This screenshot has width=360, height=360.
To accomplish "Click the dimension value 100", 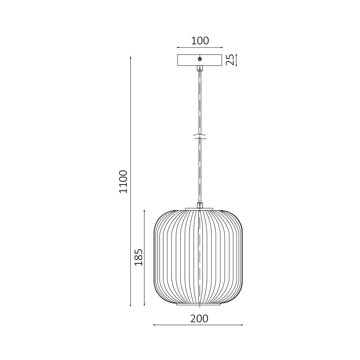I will click(200, 41).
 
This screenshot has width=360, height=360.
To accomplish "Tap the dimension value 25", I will click(230, 60).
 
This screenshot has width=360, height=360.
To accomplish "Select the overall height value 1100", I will click(123, 181).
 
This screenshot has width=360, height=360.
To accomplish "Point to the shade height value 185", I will click(139, 257).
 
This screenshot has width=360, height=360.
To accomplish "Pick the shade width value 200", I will click(199, 319).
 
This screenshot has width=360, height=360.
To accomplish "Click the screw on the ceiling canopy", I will click(200, 59).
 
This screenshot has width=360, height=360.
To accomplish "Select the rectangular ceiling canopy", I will click(187, 60).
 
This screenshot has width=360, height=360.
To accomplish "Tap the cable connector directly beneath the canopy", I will click(200, 68).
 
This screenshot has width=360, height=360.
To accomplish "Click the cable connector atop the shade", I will click(200, 205).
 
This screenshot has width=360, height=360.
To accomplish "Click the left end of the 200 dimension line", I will click(153, 325).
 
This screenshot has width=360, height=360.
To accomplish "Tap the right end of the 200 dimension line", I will click(243, 325).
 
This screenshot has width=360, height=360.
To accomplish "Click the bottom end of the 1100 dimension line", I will click(130, 306).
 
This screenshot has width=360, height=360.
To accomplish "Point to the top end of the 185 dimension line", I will click(144, 210).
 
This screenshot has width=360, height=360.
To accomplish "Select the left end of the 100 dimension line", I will click(177, 47).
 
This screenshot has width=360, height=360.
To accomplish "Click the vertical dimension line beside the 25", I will click(237, 60).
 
